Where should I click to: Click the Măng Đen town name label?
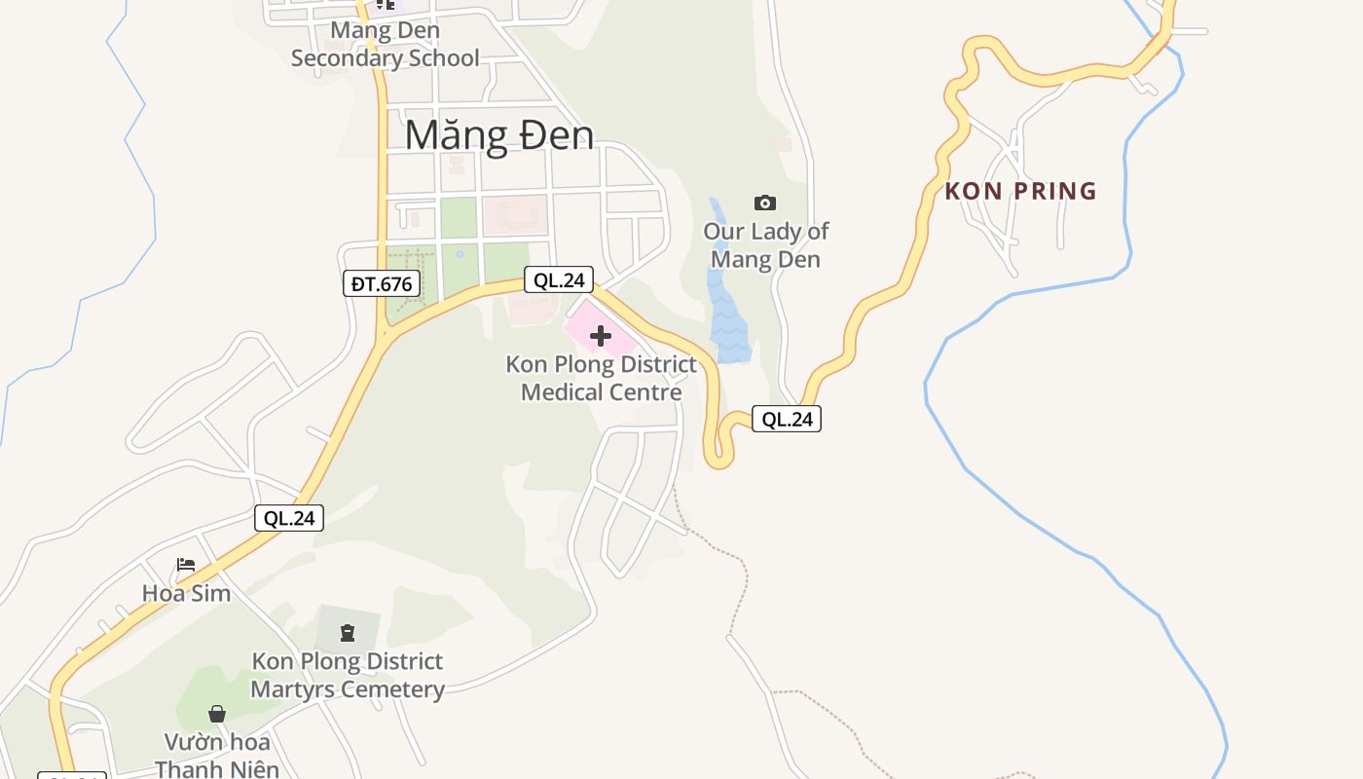click(x=498, y=134)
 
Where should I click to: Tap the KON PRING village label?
click(x=1020, y=191)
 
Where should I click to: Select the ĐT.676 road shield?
click(x=382, y=284)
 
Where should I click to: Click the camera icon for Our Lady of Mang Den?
click(x=765, y=203)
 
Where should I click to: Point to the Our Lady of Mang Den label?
click(x=765, y=245)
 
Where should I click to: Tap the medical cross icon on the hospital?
click(x=600, y=337)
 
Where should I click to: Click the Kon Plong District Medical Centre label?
click(x=601, y=379)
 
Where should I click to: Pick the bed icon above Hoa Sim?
click(x=186, y=565)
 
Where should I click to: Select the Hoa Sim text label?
click(x=186, y=593)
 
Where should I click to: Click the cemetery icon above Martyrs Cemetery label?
click(x=348, y=634)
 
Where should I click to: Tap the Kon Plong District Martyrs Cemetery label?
click(x=348, y=676)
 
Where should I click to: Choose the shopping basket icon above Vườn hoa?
click(x=217, y=714)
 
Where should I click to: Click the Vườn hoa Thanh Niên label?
click(x=216, y=756)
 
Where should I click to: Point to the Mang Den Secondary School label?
click(x=385, y=44)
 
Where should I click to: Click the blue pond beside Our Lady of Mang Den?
click(x=728, y=312)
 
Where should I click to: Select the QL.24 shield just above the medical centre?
click(x=559, y=280)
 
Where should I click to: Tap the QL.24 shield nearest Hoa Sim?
click(x=289, y=518)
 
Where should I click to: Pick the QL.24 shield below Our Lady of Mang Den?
click(x=787, y=420)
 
